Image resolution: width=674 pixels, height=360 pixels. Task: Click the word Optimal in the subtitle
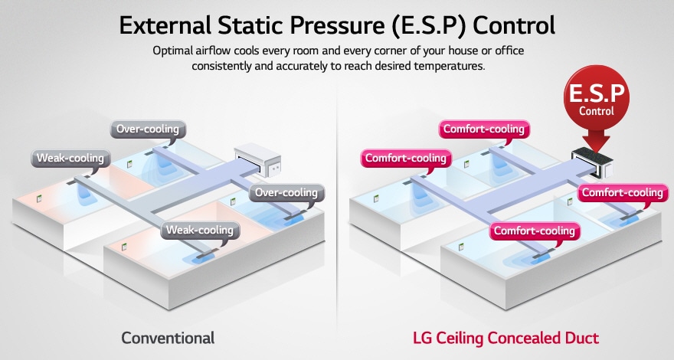click(x=173, y=51)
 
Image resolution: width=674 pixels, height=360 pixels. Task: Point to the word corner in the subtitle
click(x=384, y=51)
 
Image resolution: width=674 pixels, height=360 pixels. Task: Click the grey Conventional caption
click(x=168, y=338)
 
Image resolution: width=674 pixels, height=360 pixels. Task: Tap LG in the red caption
click(x=421, y=338)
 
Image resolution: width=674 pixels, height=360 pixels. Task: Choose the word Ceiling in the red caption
click(x=459, y=338)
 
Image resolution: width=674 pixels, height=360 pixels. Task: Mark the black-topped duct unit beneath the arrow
click(x=597, y=159)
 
